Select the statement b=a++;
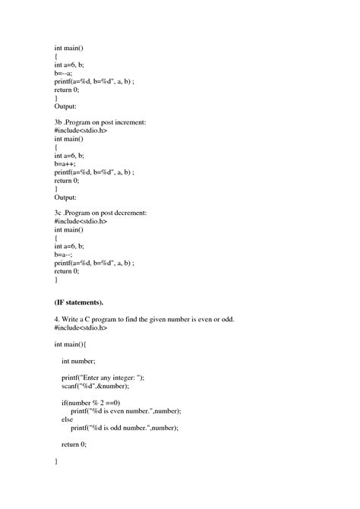click(66, 163)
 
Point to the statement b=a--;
click(65, 254)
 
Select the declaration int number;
click(79, 361)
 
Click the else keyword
click(68, 419)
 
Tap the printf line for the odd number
click(125, 427)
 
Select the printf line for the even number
click(127, 410)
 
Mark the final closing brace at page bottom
click(56, 460)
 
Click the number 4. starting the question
click(57, 319)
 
